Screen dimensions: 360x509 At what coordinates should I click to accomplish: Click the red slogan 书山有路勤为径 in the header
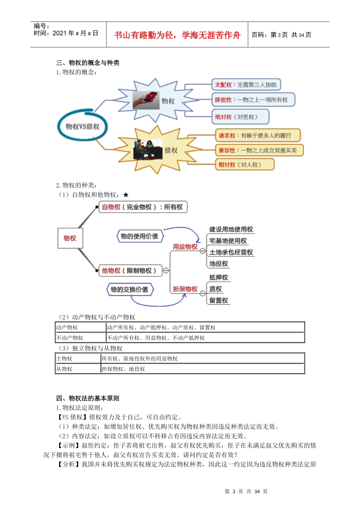tap(177, 35)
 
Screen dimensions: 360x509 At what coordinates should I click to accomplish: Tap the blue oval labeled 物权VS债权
tap(82, 126)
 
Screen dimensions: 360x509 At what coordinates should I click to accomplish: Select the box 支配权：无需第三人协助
tap(246, 85)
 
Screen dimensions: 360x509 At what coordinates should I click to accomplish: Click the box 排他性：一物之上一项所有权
tap(252, 100)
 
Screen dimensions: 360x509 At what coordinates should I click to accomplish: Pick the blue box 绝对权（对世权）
tap(240, 117)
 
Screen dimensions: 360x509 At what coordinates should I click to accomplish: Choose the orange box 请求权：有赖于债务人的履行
tap(257, 136)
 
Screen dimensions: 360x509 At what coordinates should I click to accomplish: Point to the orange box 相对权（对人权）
tap(244, 165)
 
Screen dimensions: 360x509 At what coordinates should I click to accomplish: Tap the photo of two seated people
tap(148, 150)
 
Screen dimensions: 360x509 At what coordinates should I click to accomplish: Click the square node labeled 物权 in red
tap(70, 238)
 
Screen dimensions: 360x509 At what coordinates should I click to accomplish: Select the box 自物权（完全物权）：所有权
tap(142, 207)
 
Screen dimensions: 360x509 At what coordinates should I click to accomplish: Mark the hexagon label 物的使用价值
tap(139, 236)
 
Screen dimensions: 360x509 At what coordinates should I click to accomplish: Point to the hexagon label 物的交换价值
tap(129, 290)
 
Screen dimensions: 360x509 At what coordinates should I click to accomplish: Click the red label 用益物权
tap(185, 247)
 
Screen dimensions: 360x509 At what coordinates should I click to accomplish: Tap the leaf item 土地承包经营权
tap(231, 252)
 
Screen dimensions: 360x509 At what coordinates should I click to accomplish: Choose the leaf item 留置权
tap(219, 300)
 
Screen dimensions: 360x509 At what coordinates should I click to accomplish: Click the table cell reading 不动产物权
tap(70, 338)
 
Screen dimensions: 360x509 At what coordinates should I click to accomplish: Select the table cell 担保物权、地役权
tap(124, 369)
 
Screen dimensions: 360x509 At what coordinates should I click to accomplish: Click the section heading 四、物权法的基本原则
tap(88, 398)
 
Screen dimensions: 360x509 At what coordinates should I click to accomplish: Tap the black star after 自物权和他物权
tap(126, 195)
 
